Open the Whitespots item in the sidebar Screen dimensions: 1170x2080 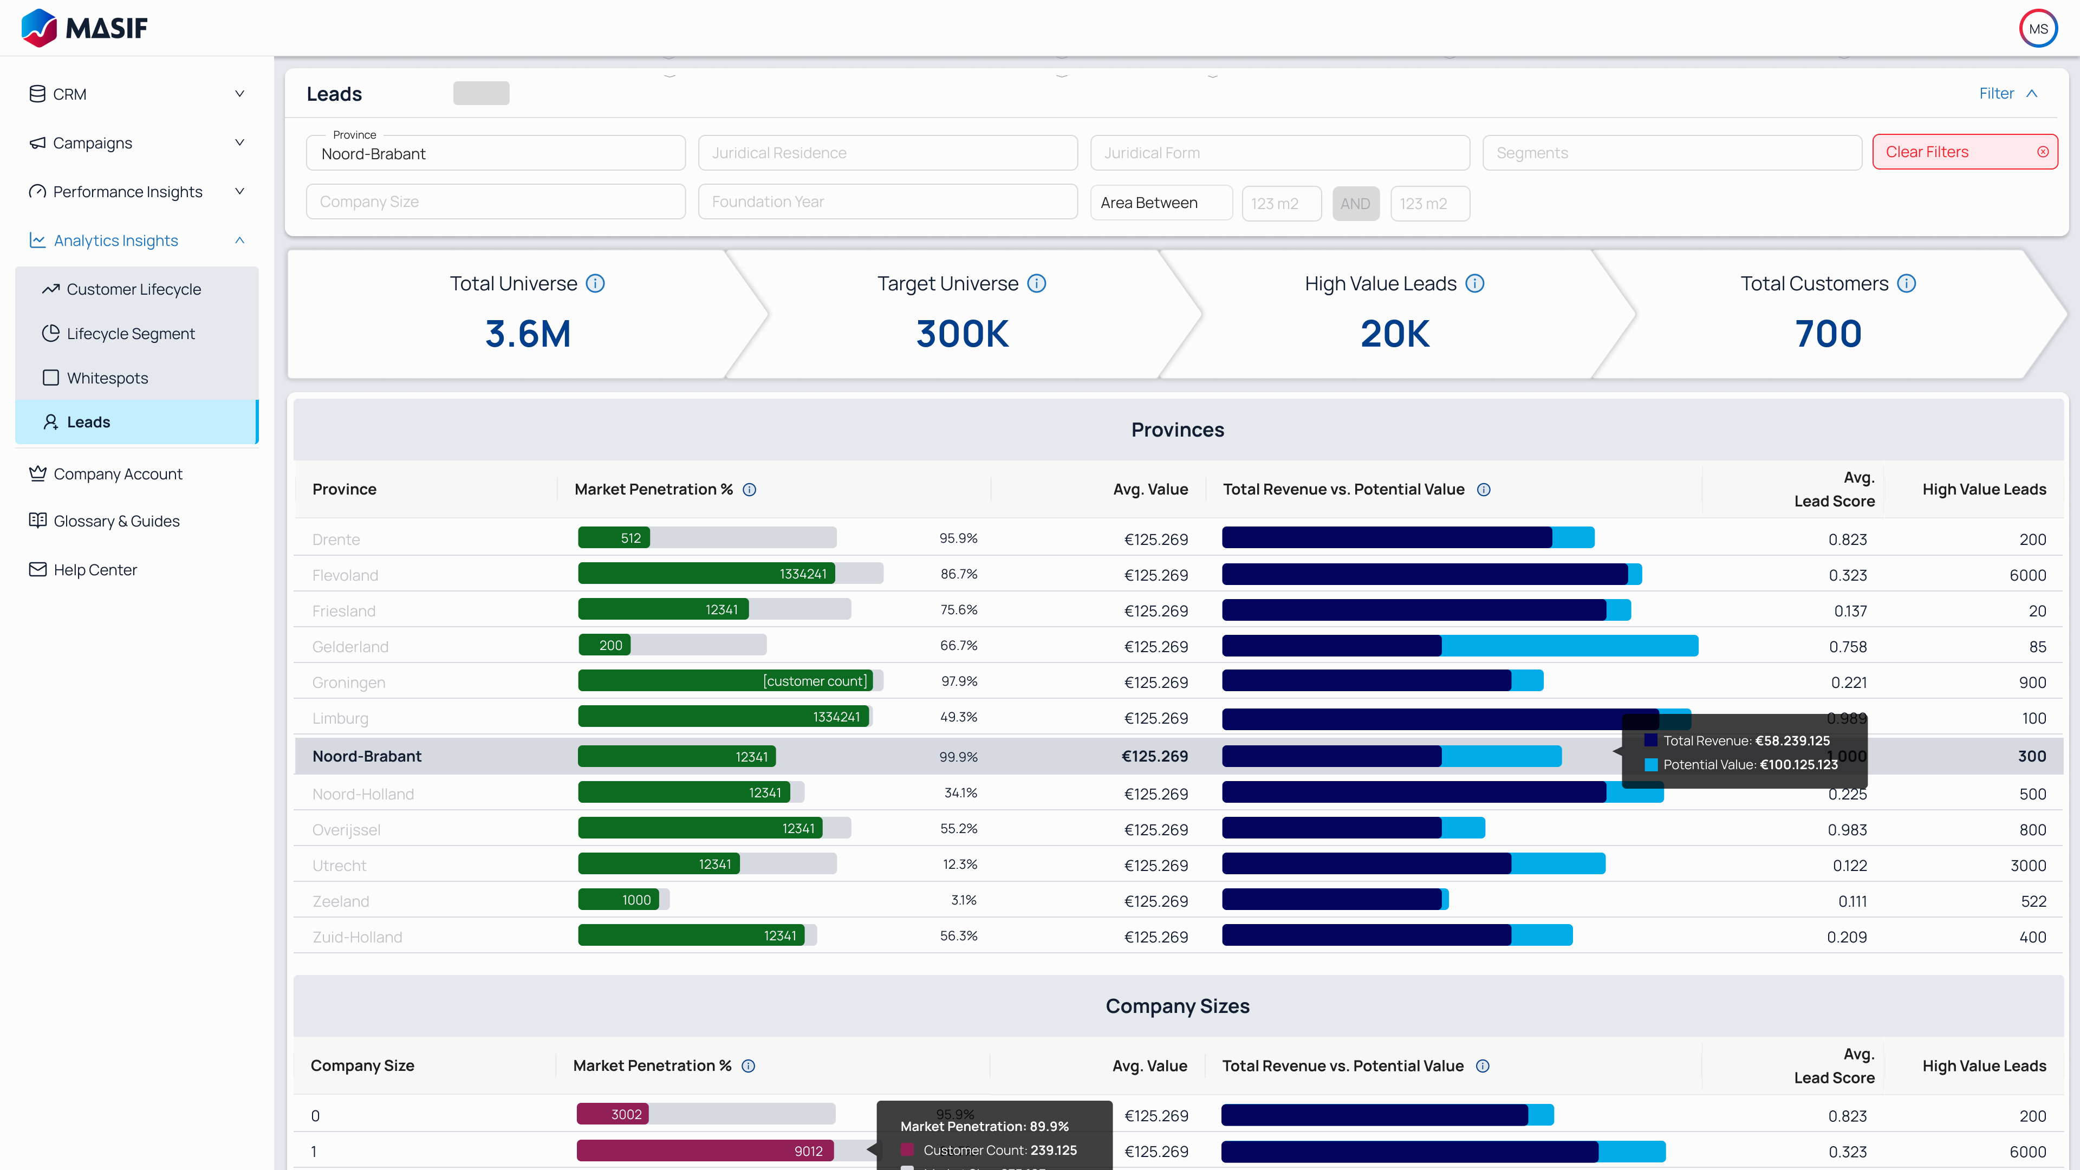click(x=107, y=378)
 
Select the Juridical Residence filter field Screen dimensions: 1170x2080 click(x=887, y=153)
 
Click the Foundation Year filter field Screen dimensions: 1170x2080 click(x=887, y=202)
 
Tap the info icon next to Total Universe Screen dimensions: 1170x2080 click(x=595, y=283)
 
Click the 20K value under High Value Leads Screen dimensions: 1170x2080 click(x=1394, y=334)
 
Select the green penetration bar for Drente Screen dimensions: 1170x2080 click(x=614, y=538)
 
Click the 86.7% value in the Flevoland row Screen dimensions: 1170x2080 click(x=958, y=574)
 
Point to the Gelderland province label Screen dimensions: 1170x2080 click(x=349, y=647)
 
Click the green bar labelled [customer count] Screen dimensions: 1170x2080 click(x=725, y=681)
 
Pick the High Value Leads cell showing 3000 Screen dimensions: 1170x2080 click(x=2027, y=866)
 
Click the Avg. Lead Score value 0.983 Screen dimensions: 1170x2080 click(x=1848, y=830)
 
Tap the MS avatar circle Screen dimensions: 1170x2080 click(x=2037, y=29)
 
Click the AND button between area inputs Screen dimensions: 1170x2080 click(x=1355, y=204)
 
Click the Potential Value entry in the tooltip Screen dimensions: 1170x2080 click(x=1749, y=765)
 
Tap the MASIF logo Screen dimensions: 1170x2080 click(x=84, y=28)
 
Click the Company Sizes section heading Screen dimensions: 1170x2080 click(x=1176, y=1006)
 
